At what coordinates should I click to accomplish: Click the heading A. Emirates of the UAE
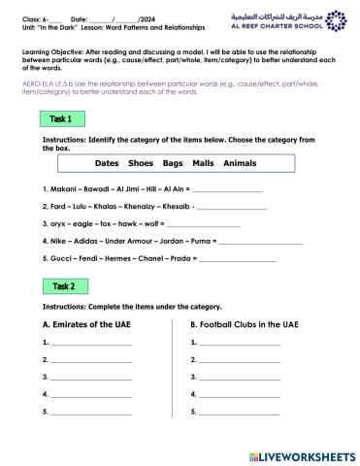click(x=95, y=325)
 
